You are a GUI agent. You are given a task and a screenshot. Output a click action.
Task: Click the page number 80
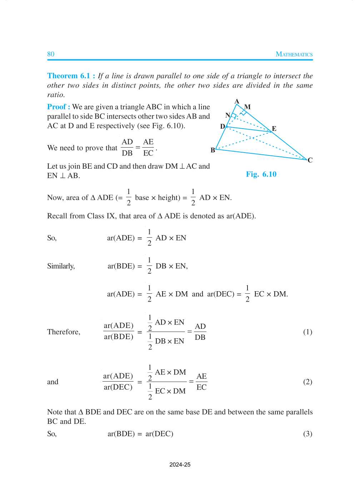[x=51, y=54]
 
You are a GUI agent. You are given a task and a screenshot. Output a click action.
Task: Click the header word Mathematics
[x=294, y=54]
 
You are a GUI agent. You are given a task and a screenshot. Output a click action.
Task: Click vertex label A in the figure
[x=237, y=101]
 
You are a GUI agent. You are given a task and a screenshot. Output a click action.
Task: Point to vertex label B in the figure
[x=213, y=150]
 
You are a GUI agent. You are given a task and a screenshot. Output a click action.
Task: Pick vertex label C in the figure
[x=310, y=160]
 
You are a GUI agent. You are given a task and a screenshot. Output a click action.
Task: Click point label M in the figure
[x=247, y=107]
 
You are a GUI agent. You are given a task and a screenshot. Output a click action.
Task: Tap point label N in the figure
[x=227, y=115]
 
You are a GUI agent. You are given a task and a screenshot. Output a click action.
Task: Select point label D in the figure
[x=222, y=126]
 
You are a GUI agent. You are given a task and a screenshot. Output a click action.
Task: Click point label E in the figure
[x=274, y=129]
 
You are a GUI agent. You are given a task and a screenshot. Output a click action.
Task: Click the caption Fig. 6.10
[x=261, y=174]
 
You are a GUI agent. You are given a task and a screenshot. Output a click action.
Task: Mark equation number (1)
[x=307, y=332]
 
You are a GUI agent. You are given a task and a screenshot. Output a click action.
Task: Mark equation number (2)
[x=307, y=382]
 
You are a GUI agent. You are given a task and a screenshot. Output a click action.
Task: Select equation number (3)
[x=307, y=434]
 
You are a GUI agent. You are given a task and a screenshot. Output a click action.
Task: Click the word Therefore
[x=64, y=332]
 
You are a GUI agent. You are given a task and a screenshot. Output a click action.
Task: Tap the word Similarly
[x=61, y=266]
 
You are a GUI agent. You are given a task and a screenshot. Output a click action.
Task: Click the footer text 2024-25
[x=180, y=465]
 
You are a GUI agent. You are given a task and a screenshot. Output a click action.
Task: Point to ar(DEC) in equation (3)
[x=159, y=434]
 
